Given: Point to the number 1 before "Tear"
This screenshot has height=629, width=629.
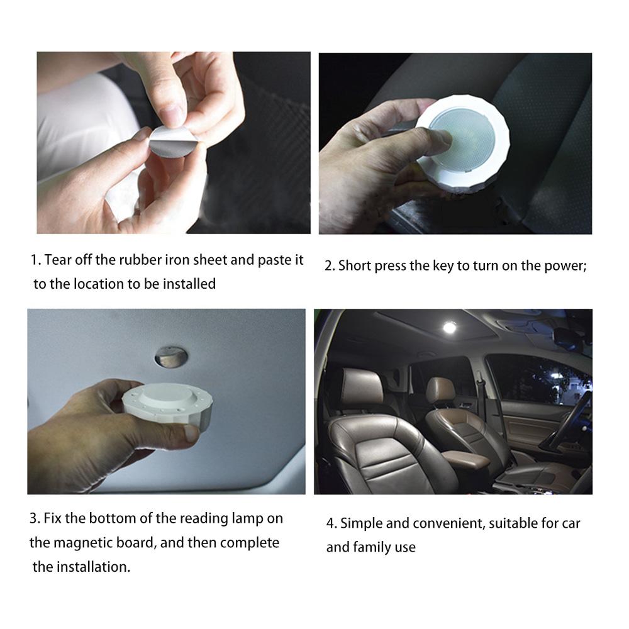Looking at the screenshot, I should pos(35,260).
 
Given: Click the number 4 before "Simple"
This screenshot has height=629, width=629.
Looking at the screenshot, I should pos(330,523).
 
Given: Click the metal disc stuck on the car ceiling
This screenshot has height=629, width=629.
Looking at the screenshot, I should pos(170,356).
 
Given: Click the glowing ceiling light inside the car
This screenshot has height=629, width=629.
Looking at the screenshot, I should pos(449,328).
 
